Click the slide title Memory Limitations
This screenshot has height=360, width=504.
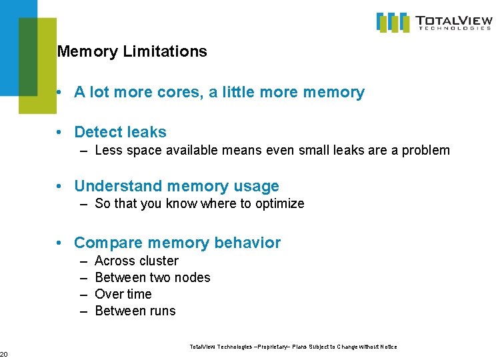pos(132,51)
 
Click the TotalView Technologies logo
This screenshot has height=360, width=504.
pos(434,22)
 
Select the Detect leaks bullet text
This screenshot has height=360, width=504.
pos(120,132)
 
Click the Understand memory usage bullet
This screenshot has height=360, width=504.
pos(177,186)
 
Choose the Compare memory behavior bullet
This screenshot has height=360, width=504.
pos(177,243)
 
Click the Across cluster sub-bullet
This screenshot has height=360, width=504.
pos(137,261)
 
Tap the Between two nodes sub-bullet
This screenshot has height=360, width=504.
pos(153,277)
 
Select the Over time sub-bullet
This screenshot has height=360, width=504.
pos(123,294)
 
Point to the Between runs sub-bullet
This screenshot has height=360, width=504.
pos(135,311)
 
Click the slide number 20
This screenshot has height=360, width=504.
pos(3,353)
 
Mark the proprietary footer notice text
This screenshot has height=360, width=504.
pos(293,347)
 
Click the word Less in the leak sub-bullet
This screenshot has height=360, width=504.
pos(108,151)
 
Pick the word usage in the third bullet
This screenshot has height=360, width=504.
pos(258,186)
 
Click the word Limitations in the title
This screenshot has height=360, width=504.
pos(165,51)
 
